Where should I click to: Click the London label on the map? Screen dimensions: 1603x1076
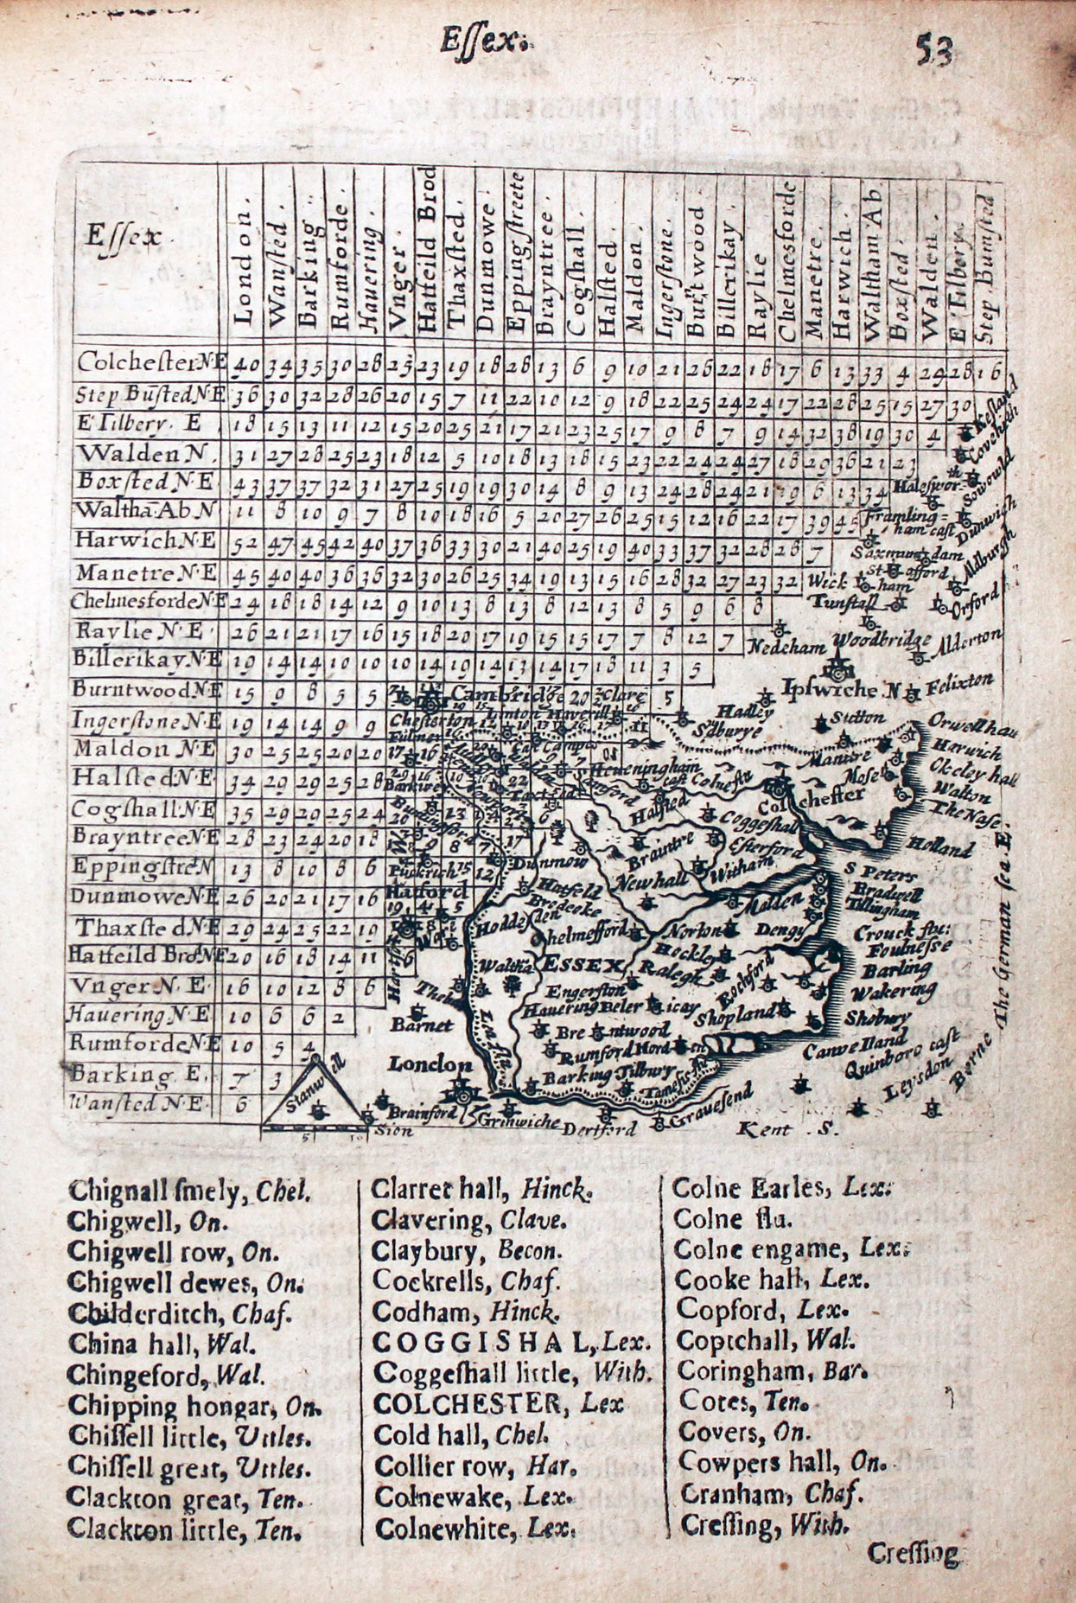click(430, 1064)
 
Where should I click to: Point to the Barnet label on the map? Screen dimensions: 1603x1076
click(422, 1025)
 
